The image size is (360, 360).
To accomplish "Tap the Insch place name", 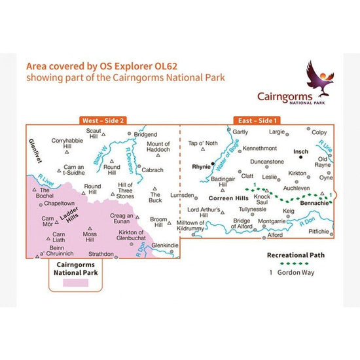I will click(x=300, y=150).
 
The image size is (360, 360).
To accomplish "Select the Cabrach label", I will click(x=153, y=169).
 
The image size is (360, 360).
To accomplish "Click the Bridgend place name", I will click(x=145, y=134).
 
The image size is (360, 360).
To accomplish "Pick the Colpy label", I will click(x=319, y=132).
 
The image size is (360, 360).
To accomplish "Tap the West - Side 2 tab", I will click(x=103, y=120).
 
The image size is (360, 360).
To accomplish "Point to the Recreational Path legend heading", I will click(x=295, y=255).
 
